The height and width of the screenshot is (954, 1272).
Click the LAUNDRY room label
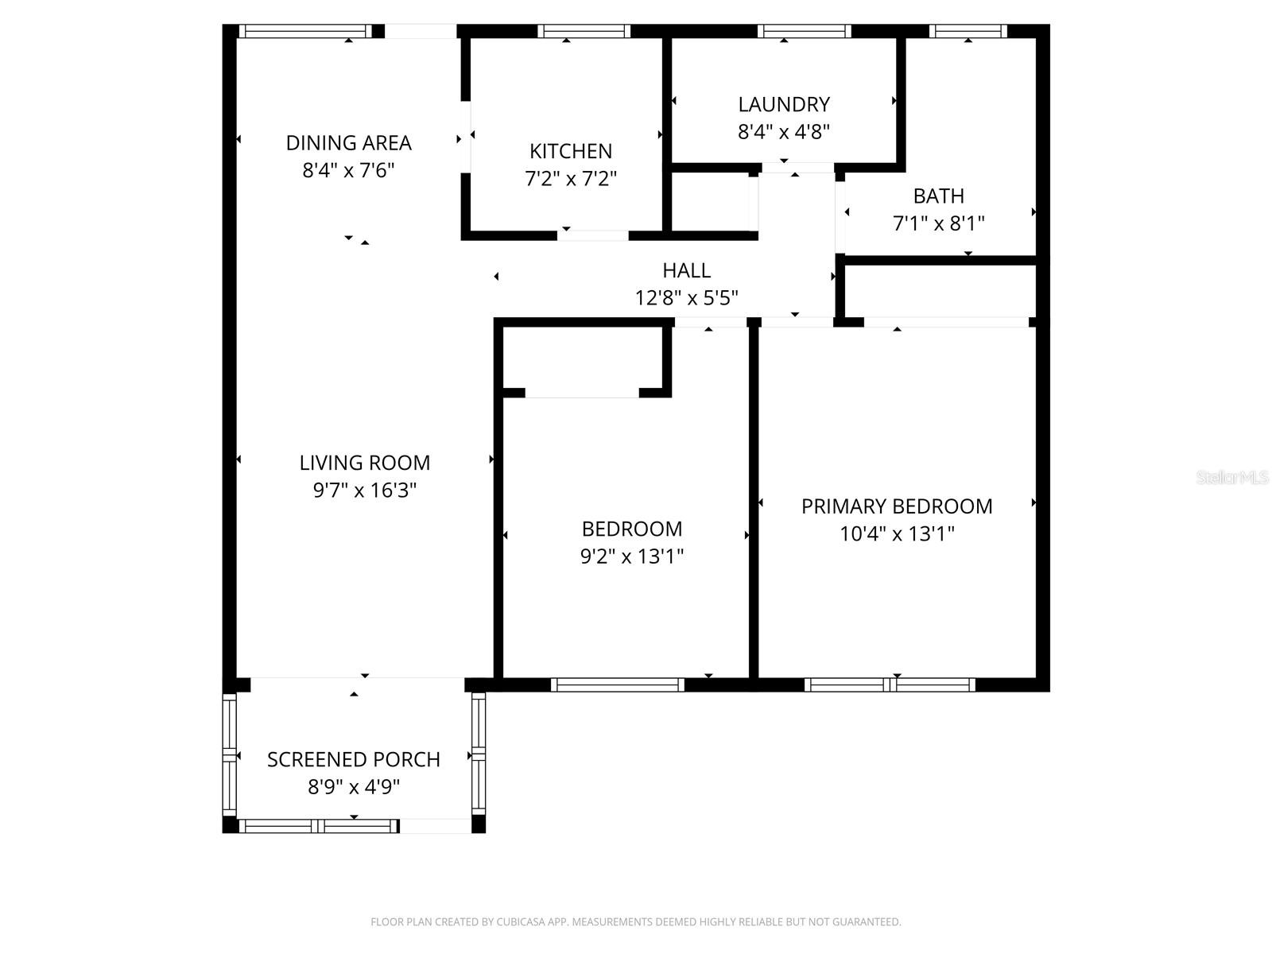pyautogui.click(x=784, y=104)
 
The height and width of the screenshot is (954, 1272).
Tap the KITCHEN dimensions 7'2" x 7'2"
pyautogui.click(x=571, y=178)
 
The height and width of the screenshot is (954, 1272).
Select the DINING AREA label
pyautogui.click(x=348, y=143)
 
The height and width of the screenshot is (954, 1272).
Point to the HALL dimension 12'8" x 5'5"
pyautogui.click(x=686, y=298)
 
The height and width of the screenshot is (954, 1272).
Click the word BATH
pyautogui.click(x=938, y=196)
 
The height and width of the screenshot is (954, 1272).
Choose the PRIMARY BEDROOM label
pyautogui.click(x=896, y=506)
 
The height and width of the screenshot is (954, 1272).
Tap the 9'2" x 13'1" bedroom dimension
pyautogui.click(x=632, y=556)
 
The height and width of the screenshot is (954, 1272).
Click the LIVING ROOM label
pyautogui.click(x=365, y=463)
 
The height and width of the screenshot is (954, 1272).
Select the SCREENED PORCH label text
pyautogui.click(x=354, y=759)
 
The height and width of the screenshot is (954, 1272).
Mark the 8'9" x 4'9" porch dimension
pyautogui.click(x=354, y=787)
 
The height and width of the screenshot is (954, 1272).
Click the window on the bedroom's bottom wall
pyautogui.click(x=617, y=684)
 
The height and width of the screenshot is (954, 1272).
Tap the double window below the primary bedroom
pyautogui.click(x=890, y=684)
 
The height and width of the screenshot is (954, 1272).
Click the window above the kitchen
pyautogui.click(x=584, y=32)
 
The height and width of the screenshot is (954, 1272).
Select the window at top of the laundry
pyautogui.click(x=804, y=32)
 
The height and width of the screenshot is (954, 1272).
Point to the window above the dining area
pyautogui.click(x=305, y=32)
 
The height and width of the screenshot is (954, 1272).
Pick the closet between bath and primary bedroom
pyautogui.click(x=940, y=291)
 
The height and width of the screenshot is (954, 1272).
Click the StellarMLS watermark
pyautogui.click(x=1231, y=477)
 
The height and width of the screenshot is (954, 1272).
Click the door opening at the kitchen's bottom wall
pyautogui.click(x=593, y=235)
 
